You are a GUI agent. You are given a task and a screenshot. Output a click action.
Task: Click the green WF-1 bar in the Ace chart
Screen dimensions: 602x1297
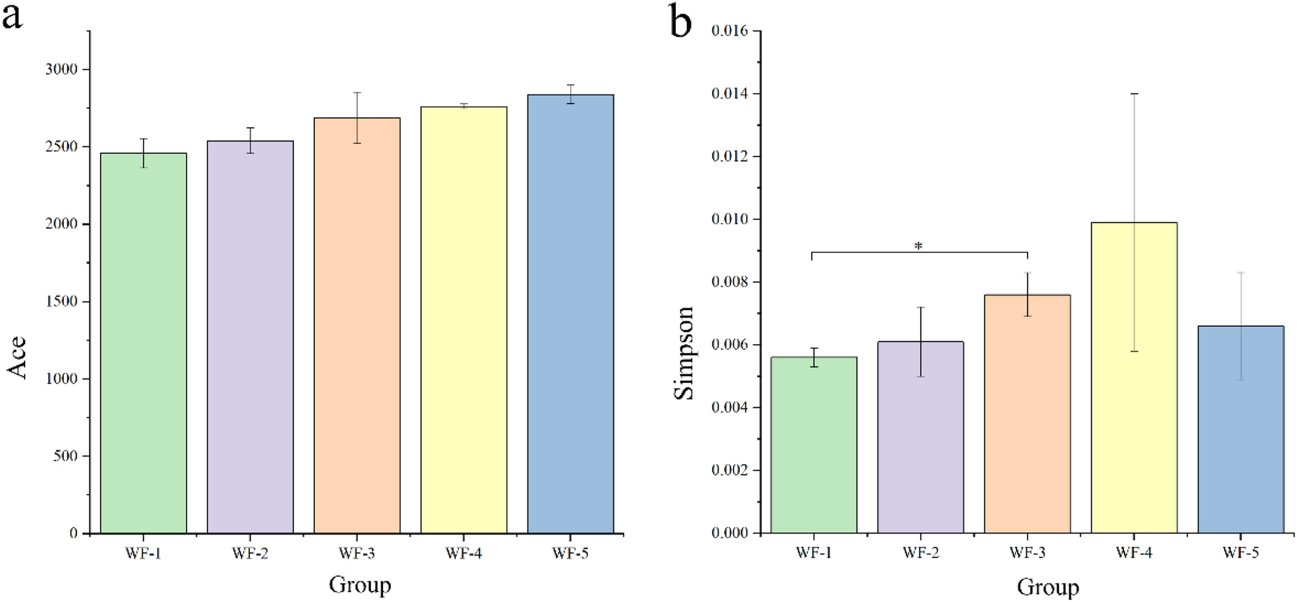pyautogui.click(x=143, y=343)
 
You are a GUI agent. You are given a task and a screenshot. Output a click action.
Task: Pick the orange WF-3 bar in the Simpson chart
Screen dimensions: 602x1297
pyautogui.click(x=1027, y=414)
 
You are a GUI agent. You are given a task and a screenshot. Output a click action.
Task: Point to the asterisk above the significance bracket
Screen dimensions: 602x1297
pyautogui.click(x=918, y=246)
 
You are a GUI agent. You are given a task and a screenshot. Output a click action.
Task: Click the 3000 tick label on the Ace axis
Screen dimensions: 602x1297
pyautogui.click(x=61, y=69)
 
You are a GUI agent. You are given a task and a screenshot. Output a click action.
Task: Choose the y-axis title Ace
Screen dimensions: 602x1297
pyautogui.click(x=17, y=357)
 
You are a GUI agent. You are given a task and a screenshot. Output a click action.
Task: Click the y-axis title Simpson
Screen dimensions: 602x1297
pyautogui.click(x=684, y=353)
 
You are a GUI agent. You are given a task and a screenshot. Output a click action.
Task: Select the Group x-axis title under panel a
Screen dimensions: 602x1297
pyautogui.click(x=360, y=585)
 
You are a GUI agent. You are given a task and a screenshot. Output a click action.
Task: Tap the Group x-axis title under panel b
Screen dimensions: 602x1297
pyautogui.click(x=1048, y=586)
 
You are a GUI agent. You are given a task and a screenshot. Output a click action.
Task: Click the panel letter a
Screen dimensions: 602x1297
pyautogui.click(x=12, y=17)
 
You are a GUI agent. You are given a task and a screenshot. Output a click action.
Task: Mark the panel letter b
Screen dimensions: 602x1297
pyautogui.click(x=680, y=22)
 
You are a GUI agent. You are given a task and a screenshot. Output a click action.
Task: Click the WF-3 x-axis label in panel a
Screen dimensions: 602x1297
pyautogui.click(x=357, y=554)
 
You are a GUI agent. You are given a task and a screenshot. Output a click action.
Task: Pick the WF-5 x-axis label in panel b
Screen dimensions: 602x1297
pyautogui.click(x=1240, y=553)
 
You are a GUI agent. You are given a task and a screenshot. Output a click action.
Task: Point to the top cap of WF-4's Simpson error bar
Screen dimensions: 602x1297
pyautogui.click(x=1134, y=94)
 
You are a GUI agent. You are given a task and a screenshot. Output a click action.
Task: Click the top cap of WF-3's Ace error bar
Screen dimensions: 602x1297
pyautogui.click(x=357, y=92)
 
